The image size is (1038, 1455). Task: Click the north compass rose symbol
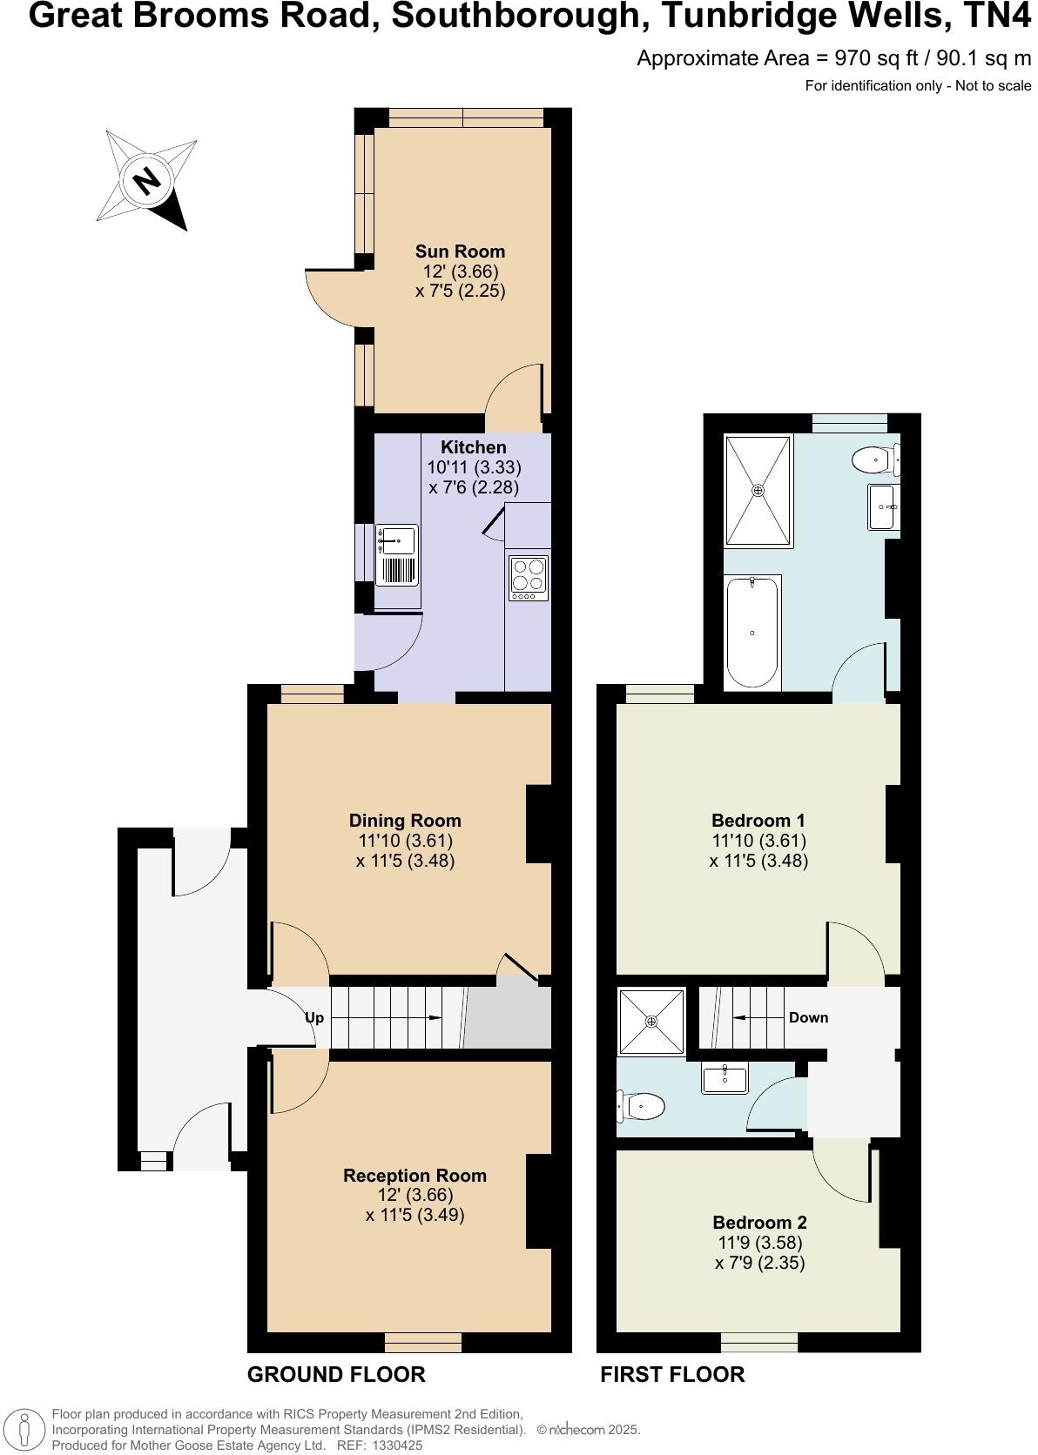coord(145,181)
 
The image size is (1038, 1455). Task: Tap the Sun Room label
coord(460,251)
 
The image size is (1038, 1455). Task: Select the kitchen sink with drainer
coord(397,554)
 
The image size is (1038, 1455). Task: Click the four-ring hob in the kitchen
coord(528,576)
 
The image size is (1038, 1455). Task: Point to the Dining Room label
coord(405,820)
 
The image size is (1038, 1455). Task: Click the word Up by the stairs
coord(314,1017)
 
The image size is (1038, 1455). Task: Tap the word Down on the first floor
coord(808,1017)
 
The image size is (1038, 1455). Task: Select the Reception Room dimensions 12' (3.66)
coord(415,1196)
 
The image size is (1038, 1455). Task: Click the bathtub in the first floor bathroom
coord(752,630)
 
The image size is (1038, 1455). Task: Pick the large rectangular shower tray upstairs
coord(758,491)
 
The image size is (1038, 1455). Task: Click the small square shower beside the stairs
coord(651,1020)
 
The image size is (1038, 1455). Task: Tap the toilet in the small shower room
coord(641,1107)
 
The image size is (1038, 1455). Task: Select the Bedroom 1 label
coord(758,820)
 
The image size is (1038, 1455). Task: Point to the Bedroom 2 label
coord(759,1222)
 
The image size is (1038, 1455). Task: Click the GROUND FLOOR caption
coord(336,1375)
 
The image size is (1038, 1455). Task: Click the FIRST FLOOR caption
coord(672,1375)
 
